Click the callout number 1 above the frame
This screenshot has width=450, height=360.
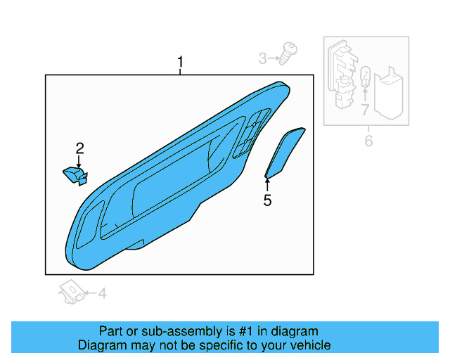point(180,64)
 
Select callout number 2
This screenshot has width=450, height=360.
point(79,148)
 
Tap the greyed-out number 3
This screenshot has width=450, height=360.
point(263,58)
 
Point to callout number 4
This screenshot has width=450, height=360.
point(102,293)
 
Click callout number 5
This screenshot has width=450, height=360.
point(267,201)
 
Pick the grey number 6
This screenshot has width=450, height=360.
point(368,141)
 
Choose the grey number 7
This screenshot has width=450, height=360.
point(365,110)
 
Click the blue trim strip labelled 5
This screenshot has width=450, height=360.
point(285,152)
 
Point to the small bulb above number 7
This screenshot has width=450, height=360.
point(365,77)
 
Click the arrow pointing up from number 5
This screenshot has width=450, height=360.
point(267,185)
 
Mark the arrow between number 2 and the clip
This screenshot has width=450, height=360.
point(79,161)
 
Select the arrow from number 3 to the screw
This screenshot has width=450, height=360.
point(275,58)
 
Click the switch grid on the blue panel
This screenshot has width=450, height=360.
point(252,130)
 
